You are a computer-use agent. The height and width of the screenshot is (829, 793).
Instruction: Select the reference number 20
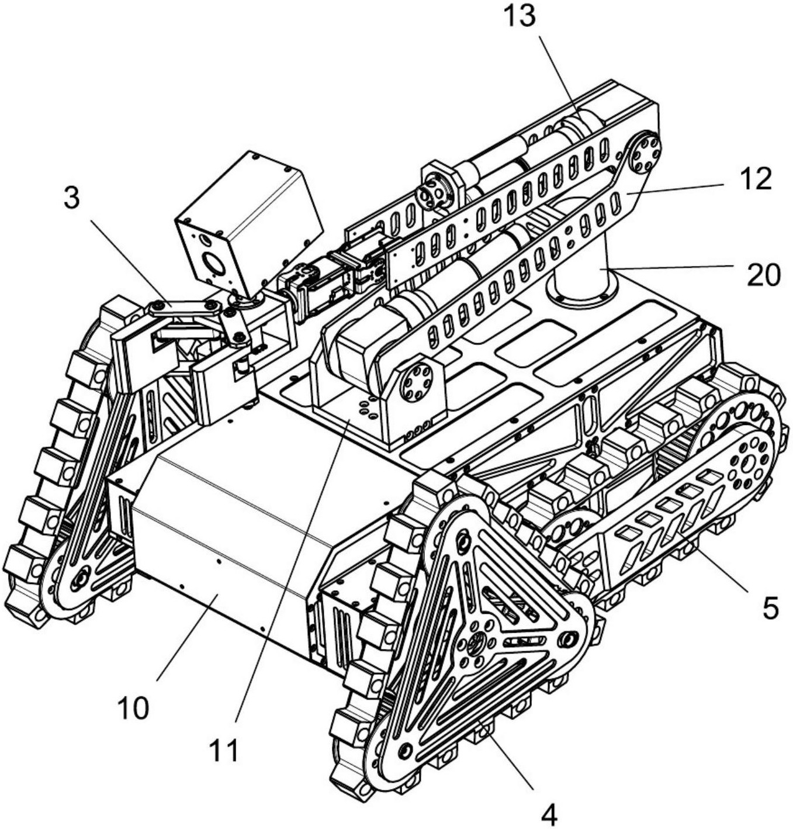tap(764, 275)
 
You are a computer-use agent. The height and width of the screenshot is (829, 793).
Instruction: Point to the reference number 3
tap(71, 199)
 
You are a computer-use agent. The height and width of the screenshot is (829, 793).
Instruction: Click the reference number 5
tap(771, 608)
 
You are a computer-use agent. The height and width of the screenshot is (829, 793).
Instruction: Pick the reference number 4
tap(549, 814)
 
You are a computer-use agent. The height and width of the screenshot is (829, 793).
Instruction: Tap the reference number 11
tap(224, 750)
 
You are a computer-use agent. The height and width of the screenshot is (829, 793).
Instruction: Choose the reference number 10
tap(133, 708)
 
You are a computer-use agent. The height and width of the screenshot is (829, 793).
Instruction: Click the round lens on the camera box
tap(214, 264)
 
